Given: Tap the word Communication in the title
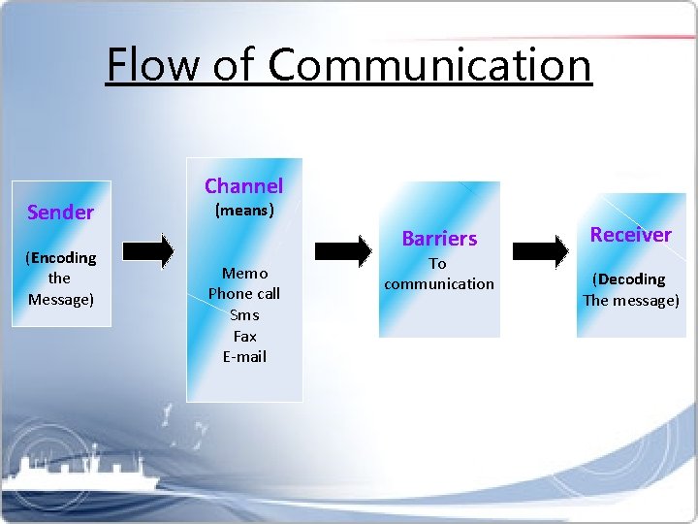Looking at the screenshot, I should point(429,65).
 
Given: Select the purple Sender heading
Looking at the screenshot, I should point(60,213).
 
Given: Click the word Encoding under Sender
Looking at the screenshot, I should point(63,257).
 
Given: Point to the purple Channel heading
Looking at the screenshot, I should point(243,185).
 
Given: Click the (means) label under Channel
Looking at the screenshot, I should point(243,209).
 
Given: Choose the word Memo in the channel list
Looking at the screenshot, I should point(244,273).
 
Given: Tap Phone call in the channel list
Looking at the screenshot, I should point(244,293).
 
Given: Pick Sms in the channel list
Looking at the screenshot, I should point(244,314).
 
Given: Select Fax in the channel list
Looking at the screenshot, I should point(244,336).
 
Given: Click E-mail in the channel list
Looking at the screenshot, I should point(244,356).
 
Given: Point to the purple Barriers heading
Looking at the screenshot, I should point(439,238).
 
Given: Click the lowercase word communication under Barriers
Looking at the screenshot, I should point(439,283).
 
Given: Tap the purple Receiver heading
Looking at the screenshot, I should point(630,234).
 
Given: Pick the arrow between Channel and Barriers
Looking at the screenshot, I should point(345,250).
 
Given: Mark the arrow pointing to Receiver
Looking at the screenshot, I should point(539,250).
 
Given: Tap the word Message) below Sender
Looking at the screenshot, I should point(60,299).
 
